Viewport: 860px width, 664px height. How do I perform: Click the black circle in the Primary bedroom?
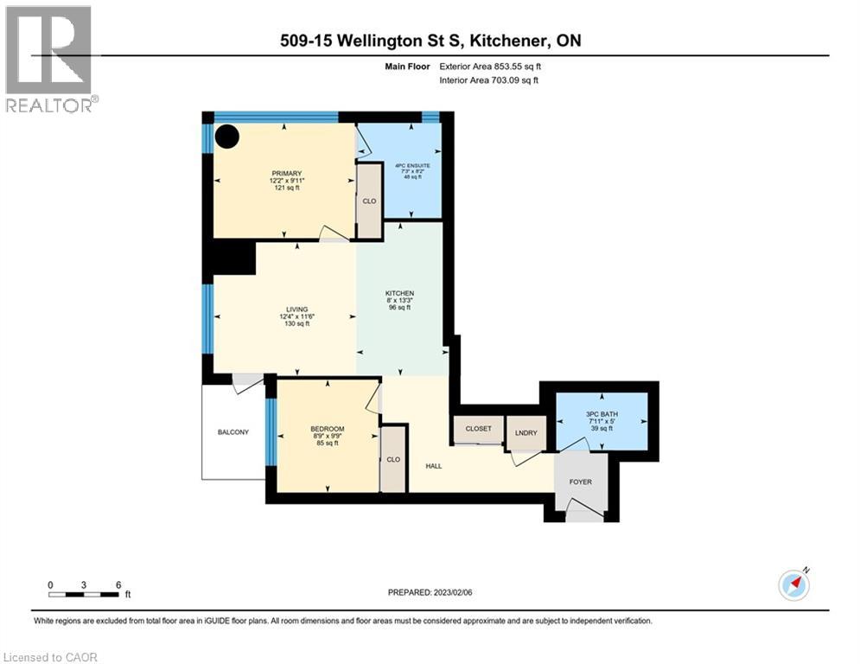pyautogui.click(x=227, y=137)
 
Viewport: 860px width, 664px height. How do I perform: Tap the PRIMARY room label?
pyautogui.click(x=285, y=173)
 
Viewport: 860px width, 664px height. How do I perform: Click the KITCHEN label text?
pyautogui.click(x=399, y=294)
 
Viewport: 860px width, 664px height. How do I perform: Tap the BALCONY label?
pyautogui.click(x=233, y=431)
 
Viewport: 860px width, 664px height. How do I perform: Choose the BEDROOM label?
pyautogui.click(x=328, y=430)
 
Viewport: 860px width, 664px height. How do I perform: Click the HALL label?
pyautogui.click(x=433, y=466)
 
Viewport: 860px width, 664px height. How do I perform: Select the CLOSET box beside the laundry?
pyautogui.click(x=478, y=429)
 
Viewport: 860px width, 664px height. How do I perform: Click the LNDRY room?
pyautogui.click(x=526, y=432)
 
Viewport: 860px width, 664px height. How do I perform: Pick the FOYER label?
pyautogui.click(x=580, y=482)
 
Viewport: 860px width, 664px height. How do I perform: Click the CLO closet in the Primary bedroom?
pyautogui.click(x=370, y=200)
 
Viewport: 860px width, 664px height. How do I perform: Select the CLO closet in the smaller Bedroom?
pyautogui.click(x=393, y=459)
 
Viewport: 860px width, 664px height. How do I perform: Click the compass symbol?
pyautogui.click(x=793, y=584)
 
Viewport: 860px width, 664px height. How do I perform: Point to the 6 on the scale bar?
pyautogui.click(x=118, y=584)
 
